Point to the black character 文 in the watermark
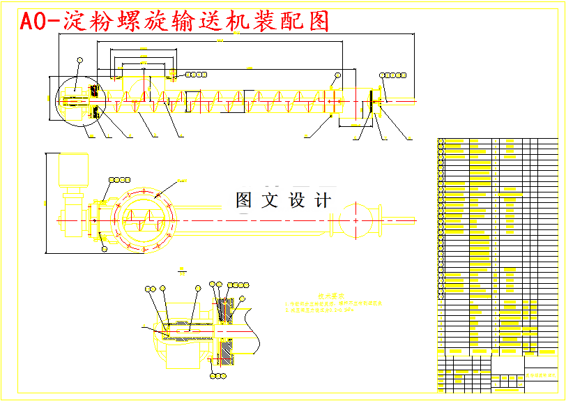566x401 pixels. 270,201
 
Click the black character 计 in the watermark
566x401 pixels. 323,201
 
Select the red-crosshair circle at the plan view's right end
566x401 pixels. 355,219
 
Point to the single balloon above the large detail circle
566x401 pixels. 79,61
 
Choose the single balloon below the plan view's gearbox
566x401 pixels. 105,248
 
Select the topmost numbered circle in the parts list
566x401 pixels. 441,142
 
